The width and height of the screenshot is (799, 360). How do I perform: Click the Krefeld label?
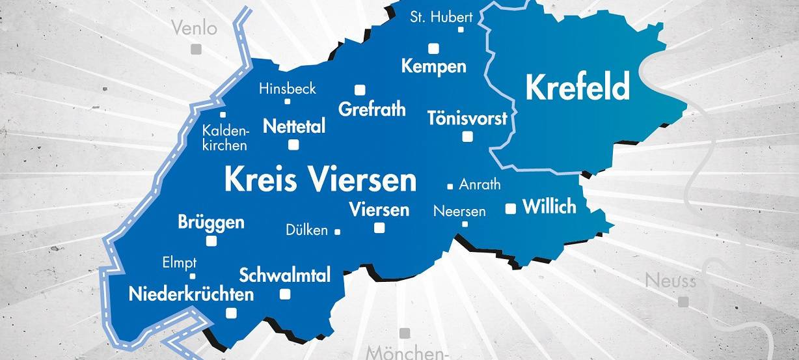tap(578, 87)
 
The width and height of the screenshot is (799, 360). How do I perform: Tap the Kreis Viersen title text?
tap(320, 179)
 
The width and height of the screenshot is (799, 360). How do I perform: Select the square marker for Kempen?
tap(433, 48)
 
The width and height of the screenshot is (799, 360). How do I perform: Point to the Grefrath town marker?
tap(359, 90)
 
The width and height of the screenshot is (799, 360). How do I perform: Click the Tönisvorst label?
tap(467, 118)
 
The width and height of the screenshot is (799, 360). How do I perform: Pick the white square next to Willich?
tap(511, 208)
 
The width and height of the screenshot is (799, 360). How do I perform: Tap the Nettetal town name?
tap(294, 126)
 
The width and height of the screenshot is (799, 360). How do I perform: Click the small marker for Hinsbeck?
tap(287, 101)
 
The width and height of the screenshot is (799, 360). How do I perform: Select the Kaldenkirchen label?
tap(225, 137)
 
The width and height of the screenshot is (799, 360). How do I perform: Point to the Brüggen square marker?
tap(211, 241)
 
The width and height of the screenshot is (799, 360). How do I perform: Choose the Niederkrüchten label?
tap(191, 294)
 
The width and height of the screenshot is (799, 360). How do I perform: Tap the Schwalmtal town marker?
tap(284, 294)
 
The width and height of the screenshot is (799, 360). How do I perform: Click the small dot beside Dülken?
tap(337, 231)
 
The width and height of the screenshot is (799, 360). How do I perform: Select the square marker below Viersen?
tap(379, 228)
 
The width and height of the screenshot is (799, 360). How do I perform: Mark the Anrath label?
tap(480, 184)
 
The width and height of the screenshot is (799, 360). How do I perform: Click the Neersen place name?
tap(459, 211)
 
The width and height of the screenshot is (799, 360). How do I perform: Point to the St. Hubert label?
tap(441, 16)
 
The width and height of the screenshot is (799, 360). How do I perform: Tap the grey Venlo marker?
tap(195, 49)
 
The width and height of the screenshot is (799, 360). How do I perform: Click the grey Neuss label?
tap(670, 281)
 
